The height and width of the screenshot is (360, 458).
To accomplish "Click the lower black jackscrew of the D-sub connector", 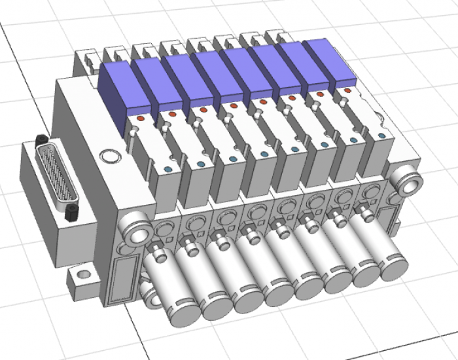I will click(x=72, y=211).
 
